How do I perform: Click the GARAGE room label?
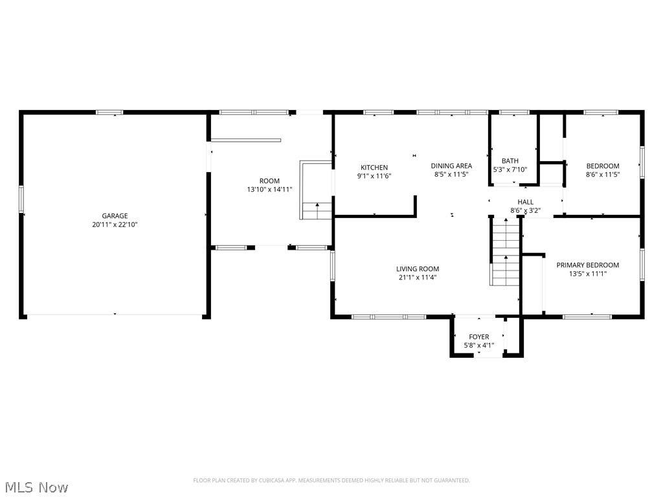click(115, 216)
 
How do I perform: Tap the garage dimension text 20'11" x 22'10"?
click(115, 225)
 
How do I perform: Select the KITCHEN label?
click(374, 168)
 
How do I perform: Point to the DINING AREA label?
click(451, 166)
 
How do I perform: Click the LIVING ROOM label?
click(418, 269)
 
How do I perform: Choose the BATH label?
click(510, 161)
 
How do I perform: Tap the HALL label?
click(526, 202)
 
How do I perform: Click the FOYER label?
click(479, 337)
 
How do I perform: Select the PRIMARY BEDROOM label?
click(588, 265)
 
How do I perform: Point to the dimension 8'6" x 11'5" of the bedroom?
click(603, 175)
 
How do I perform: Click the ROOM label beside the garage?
click(269, 181)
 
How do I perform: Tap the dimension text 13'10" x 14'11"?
click(269, 190)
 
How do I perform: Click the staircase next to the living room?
click(505, 252)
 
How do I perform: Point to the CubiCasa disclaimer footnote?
click(331, 480)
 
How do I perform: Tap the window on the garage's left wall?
click(21, 199)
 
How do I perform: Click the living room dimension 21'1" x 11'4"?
click(418, 278)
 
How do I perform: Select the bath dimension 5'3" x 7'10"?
click(510, 170)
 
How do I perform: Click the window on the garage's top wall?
click(109, 113)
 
